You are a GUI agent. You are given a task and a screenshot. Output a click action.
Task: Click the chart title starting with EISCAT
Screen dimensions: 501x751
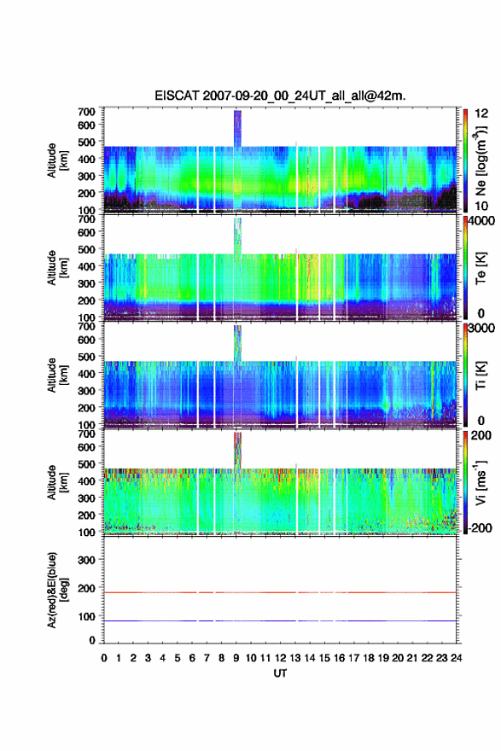(280, 96)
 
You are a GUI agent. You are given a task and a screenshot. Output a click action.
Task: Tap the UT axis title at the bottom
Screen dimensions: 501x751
(280, 673)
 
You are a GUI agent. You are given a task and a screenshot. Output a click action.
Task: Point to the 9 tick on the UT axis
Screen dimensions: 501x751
(236, 658)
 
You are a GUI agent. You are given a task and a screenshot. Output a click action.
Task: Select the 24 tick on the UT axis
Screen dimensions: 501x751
(456, 658)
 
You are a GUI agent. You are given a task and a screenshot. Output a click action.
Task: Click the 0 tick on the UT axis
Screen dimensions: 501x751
(104, 658)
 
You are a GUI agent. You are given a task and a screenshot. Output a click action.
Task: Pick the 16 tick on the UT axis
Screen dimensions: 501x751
(339, 658)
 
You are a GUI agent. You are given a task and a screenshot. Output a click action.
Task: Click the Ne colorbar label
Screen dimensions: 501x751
(481, 161)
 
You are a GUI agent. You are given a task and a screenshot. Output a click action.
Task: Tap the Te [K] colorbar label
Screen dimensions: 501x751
(481, 268)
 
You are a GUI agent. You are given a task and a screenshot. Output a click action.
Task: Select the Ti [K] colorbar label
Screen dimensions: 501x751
(481, 375)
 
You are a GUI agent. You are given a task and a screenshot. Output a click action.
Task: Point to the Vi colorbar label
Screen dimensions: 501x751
(481, 482)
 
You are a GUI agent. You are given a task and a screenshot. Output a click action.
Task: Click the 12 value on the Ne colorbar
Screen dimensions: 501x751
(481, 114)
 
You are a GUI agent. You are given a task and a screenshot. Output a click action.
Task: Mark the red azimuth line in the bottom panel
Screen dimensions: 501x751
(280, 592)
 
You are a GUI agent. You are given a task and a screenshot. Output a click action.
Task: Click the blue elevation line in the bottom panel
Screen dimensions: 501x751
(280, 620)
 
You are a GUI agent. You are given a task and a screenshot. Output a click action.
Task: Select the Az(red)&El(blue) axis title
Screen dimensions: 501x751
(57, 590)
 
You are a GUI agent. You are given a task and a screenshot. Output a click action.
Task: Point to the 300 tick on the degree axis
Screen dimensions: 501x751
(87, 560)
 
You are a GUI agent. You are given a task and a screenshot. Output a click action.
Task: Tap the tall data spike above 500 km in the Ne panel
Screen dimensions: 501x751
(237, 128)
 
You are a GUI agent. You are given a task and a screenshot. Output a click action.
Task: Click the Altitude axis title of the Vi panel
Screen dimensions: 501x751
(57, 483)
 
